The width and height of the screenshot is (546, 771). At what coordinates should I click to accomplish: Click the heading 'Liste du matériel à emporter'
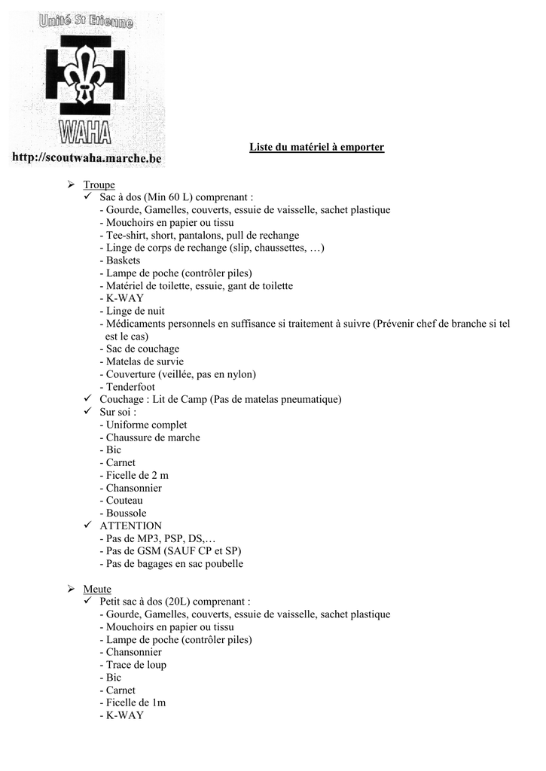coord(316,147)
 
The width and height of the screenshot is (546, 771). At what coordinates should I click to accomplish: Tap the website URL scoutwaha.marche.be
coord(87,159)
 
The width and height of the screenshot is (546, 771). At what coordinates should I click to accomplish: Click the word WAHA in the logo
coord(85,134)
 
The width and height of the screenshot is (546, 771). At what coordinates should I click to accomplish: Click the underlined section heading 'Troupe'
coord(99,184)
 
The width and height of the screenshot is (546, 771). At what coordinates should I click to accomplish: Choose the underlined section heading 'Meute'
coord(97,589)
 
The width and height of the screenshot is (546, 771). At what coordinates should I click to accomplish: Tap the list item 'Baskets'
coord(123,261)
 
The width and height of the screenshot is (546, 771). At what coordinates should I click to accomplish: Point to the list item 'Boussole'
coord(126,513)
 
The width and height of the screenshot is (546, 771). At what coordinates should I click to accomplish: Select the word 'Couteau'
coord(124,500)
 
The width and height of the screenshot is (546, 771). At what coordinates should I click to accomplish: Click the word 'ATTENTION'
coord(130,526)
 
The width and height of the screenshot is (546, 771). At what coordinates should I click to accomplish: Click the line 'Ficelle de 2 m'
coord(137,475)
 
